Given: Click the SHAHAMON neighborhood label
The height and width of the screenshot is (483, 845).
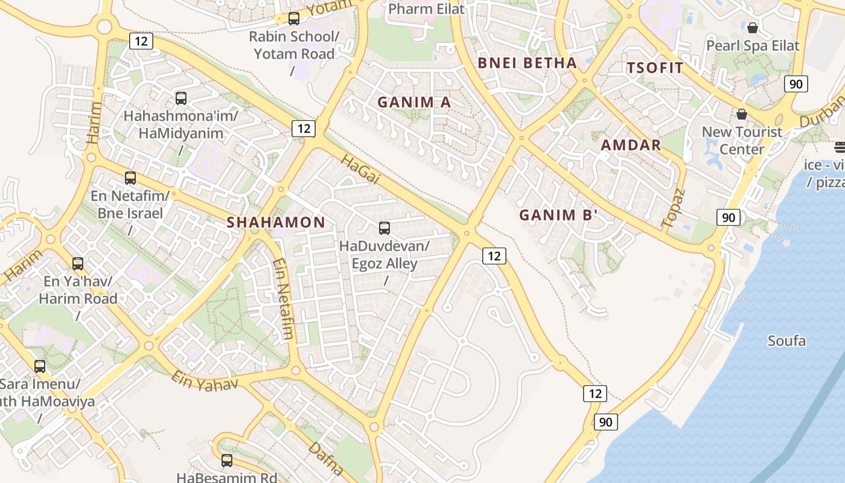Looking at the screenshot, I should pyautogui.click(x=276, y=222).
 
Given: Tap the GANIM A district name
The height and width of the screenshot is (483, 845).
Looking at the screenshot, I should pyautogui.click(x=414, y=102).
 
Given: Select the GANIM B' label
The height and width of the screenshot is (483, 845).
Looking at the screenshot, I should pyautogui.click(x=558, y=215).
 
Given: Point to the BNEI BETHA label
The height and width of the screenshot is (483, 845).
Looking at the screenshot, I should pyautogui.click(x=527, y=63).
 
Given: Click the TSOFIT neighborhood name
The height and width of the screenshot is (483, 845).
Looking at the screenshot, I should pyautogui.click(x=655, y=68).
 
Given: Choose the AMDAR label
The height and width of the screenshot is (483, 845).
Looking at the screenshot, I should pyautogui.click(x=631, y=145).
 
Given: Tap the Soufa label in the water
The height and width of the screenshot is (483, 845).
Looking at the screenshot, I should pyautogui.click(x=786, y=341).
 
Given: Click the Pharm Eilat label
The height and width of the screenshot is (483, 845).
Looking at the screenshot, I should pyautogui.click(x=427, y=9).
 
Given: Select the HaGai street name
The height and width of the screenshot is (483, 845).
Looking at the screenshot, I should pyautogui.click(x=360, y=168).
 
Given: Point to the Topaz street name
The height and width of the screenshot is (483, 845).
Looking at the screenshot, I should pyautogui.click(x=674, y=208).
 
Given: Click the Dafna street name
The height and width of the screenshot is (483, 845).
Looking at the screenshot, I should pyautogui.click(x=326, y=458).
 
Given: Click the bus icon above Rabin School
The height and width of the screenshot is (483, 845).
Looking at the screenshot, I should pyautogui.click(x=294, y=19).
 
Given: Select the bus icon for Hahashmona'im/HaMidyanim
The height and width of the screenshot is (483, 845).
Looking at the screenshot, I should pyautogui.click(x=181, y=98).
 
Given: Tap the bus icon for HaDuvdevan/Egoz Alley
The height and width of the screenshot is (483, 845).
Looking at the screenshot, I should pyautogui.click(x=384, y=228).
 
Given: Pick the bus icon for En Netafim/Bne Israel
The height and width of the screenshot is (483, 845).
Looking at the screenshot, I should pyautogui.click(x=130, y=178).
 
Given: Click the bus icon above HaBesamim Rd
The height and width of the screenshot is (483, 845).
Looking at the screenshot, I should pyautogui.click(x=227, y=461).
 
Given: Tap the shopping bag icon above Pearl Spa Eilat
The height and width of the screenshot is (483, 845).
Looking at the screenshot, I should pyautogui.click(x=753, y=28).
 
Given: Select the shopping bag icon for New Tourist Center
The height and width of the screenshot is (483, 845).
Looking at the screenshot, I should pyautogui.click(x=742, y=114).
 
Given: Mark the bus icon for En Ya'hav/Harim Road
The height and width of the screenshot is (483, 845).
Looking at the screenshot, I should pyautogui.click(x=78, y=264).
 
